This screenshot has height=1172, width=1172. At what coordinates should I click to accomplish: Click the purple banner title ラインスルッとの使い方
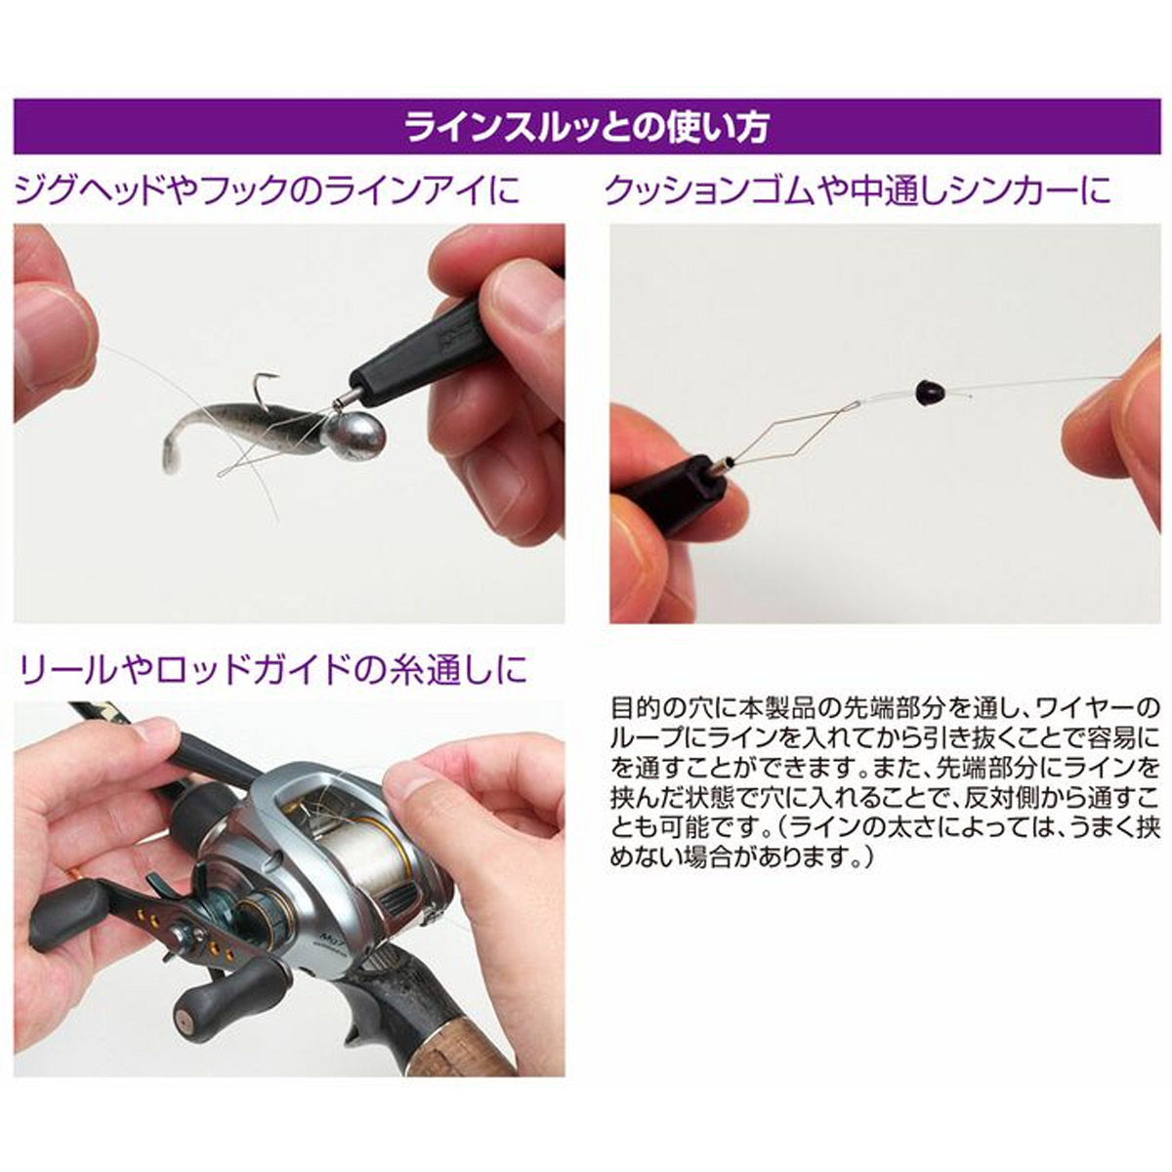(x=586, y=128)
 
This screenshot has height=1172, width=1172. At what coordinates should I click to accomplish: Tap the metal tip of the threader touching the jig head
(x=344, y=396)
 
